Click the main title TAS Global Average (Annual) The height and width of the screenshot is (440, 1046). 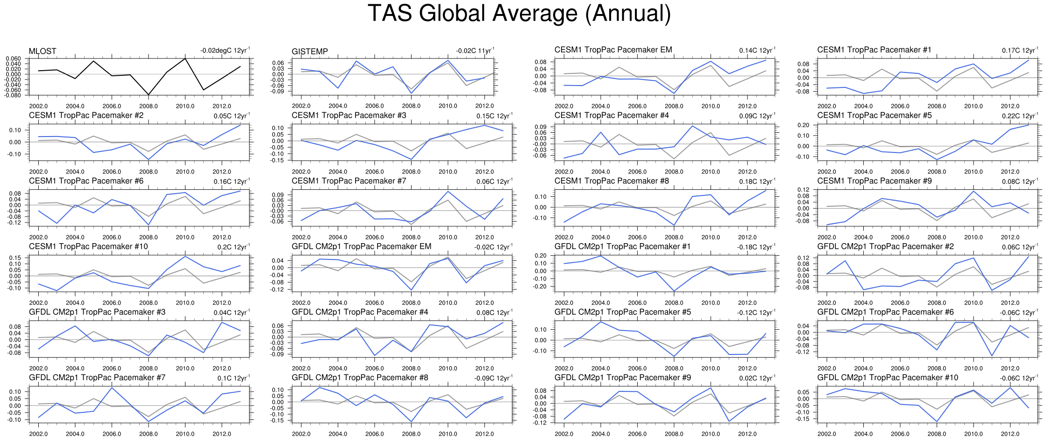(519, 13)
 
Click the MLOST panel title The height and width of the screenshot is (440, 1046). (43, 51)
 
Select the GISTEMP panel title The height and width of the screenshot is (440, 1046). (310, 51)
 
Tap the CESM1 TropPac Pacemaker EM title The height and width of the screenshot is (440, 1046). (613, 50)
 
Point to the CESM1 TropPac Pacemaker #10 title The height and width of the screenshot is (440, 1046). (88, 246)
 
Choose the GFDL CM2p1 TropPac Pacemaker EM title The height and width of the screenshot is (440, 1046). (361, 246)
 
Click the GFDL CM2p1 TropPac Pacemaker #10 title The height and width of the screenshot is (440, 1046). (887, 377)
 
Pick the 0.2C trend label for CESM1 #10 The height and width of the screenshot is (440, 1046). (233, 247)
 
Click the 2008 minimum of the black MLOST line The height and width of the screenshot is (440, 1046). (149, 95)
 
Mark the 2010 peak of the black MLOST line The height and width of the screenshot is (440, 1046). (185, 58)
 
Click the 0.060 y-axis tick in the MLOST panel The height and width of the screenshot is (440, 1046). (13, 58)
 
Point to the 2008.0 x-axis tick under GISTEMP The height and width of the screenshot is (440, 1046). (411, 106)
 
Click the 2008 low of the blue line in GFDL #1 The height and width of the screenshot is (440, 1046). (674, 291)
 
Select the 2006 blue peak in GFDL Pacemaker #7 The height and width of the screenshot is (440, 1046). (112, 388)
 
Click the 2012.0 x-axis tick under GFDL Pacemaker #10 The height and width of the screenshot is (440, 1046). (1010, 434)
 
